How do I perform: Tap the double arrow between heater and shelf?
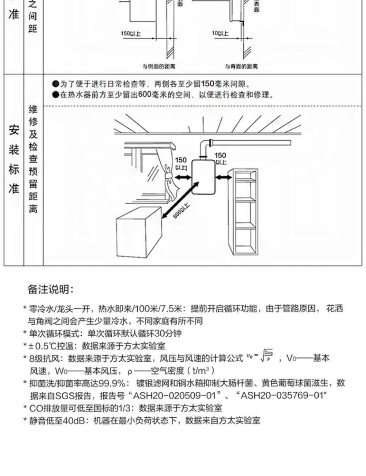click(x=224, y=177)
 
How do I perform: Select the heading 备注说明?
click(x=51, y=289)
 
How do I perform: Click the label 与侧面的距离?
click(x=157, y=67)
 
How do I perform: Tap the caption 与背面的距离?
click(x=241, y=67)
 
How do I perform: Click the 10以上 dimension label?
click(x=220, y=34)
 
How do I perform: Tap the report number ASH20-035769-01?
click(x=282, y=395)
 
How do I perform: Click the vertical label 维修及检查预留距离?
click(x=34, y=159)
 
